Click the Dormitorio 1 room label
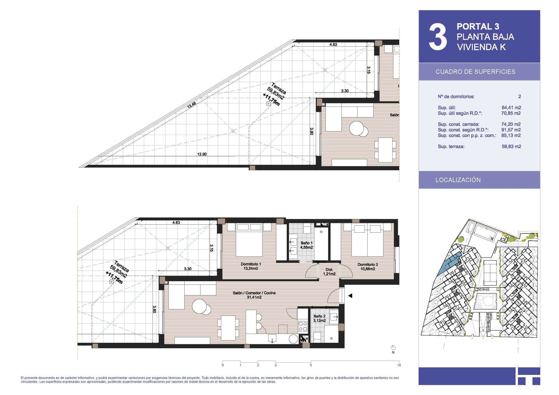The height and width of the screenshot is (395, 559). [x=251, y=266]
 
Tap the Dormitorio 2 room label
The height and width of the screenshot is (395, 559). [x=368, y=267]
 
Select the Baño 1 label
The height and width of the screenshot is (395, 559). [x=307, y=245]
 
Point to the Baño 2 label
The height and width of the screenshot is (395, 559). [x=319, y=318]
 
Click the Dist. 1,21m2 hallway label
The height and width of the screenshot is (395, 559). [x=329, y=272]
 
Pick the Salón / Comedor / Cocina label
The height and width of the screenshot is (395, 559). [x=254, y=295]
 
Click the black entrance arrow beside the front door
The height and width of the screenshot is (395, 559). [x=350, y=296]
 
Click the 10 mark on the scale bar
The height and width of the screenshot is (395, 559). [x=399, y=365]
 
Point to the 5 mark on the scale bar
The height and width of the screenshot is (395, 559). [x=311, y=365]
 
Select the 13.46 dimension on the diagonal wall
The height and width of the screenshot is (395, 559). [x=191, y=105]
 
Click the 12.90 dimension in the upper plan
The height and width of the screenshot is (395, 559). [x=202, y=154]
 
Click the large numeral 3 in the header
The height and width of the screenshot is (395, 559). [x=438, y=37]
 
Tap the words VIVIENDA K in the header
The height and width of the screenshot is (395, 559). [x=481, y=47]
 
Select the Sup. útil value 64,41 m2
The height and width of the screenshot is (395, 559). [x=511, y=107]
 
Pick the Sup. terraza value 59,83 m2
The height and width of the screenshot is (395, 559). [x=511, y=146]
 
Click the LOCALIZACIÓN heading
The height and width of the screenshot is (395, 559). [x=458, y=180]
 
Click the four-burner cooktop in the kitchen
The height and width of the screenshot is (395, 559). [x=303, y=326]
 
